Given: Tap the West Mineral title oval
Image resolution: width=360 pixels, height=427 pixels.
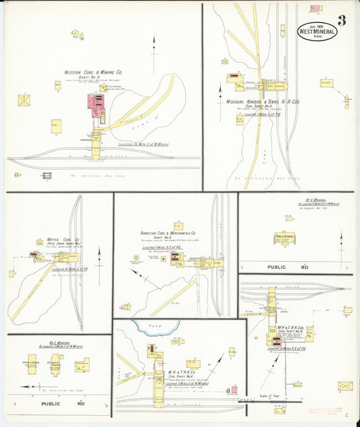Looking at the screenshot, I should [317, 31].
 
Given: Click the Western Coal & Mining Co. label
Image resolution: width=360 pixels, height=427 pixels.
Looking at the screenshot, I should [93, 72].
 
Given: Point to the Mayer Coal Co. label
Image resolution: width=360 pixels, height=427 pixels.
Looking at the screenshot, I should [64, 240].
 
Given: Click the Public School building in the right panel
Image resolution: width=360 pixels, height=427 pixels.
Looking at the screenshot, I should [284, 238].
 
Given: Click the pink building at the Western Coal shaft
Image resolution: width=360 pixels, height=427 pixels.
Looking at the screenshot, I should [93, 102].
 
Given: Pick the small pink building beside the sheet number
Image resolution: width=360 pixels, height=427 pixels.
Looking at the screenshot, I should [315, 9].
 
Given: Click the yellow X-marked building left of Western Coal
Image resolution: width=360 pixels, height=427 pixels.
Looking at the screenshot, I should [25, 100].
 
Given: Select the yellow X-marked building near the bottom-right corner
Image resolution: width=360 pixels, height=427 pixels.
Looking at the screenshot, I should [345, 386].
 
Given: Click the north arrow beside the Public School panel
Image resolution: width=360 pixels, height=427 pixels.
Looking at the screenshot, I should [341, 240].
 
